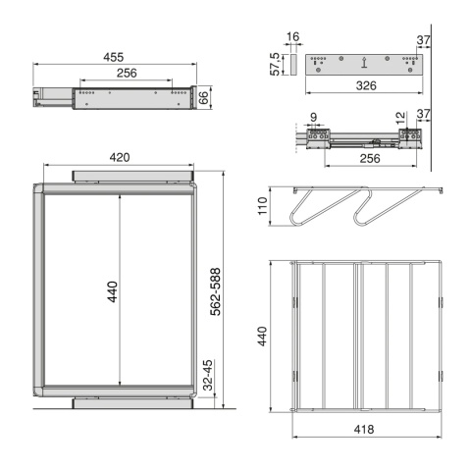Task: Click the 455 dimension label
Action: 114,57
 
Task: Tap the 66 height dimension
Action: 203,97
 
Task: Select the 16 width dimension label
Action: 292,36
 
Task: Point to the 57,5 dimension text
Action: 275,65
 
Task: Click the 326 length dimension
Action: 366,85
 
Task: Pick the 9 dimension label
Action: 313,117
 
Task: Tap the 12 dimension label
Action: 400,118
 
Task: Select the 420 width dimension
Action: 120,157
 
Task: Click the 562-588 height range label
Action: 215,291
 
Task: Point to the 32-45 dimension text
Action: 208,375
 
